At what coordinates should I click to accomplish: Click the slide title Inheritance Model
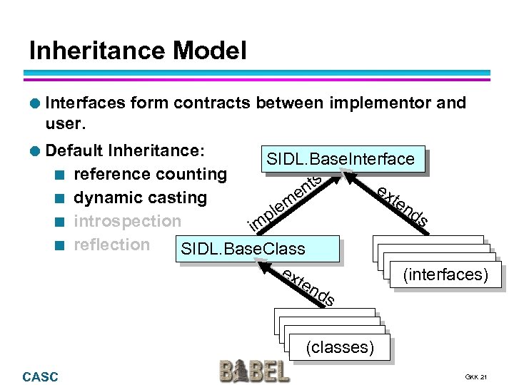[138, 51]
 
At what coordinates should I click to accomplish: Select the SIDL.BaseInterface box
[341, 159]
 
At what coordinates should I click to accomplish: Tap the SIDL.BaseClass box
[243, 249]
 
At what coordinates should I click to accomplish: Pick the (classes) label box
[340, 348]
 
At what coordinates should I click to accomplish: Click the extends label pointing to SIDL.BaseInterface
[402, 207]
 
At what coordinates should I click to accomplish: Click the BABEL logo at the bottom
[255, 371]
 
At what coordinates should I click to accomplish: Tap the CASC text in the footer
[41, 376]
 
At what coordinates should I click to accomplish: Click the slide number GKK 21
[475, 376]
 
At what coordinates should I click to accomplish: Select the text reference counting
[151, 174]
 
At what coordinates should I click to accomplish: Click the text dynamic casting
[141, 197]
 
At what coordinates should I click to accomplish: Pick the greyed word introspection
[128, 221]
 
